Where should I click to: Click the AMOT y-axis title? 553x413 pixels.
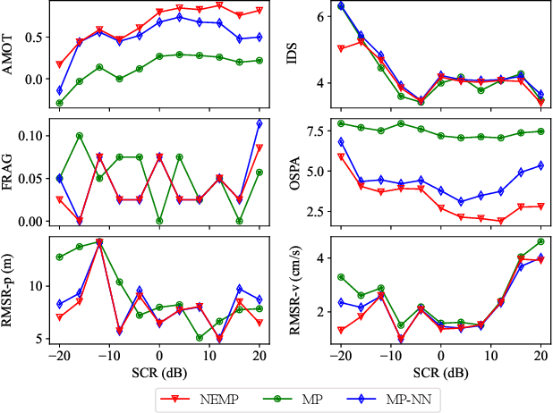tap(8, 57)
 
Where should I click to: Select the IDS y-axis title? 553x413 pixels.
tap(291, 57)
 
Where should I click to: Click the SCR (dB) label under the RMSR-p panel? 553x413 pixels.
tap(158, 370)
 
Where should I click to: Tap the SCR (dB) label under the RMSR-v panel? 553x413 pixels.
tap(440, 370)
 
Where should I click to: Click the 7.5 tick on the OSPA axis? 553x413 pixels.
tap(314, 131)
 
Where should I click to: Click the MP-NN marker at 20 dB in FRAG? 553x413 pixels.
tap(259, 123)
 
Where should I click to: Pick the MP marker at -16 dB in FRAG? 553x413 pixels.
tap(80, 136)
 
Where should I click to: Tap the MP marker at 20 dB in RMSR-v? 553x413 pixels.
tap(540, 241)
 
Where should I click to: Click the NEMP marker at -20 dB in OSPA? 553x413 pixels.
tap(341, 156)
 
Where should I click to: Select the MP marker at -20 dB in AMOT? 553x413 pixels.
tap(59, 103)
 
